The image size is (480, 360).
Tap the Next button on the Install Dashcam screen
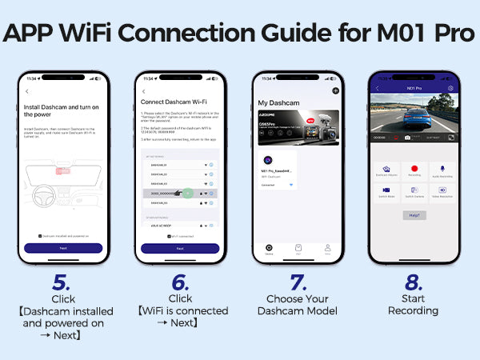[63, 248]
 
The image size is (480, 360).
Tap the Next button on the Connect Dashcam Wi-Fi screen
[180, 248]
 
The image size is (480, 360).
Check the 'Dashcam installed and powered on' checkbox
[40, 236]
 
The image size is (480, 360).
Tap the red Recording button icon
[414, 170]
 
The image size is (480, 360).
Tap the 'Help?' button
[414, 215]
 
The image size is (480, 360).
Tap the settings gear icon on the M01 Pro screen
[450, 88]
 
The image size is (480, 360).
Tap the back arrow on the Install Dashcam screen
[27, 92]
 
